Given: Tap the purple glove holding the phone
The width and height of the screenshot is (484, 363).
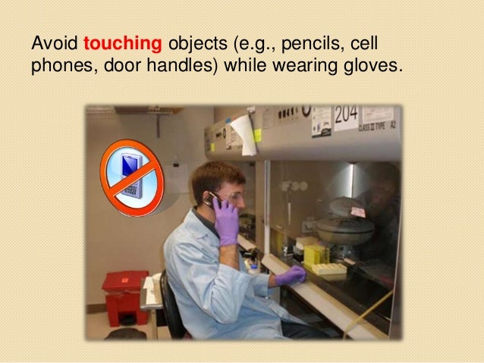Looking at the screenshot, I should (x=226, y=219).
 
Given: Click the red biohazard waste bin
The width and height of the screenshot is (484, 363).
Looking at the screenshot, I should (x=125, y=296).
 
